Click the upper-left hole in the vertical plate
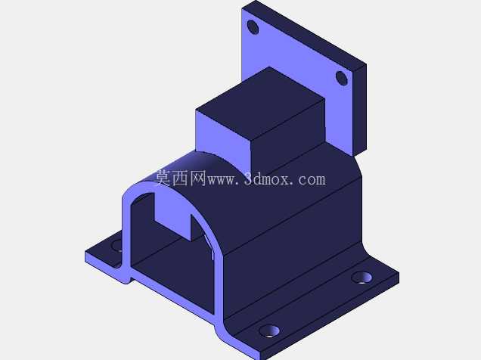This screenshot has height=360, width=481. pos(253,27)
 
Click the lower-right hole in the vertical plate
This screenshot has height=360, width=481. pos(341,78)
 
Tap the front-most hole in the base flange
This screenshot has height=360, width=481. pos(269,331)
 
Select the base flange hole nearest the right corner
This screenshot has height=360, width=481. pos(362,278)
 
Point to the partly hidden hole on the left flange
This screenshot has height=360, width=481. pos(118,245)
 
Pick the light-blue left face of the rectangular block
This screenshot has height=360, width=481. pos(223,138)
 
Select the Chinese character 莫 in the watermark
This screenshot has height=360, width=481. pos(163,178)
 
